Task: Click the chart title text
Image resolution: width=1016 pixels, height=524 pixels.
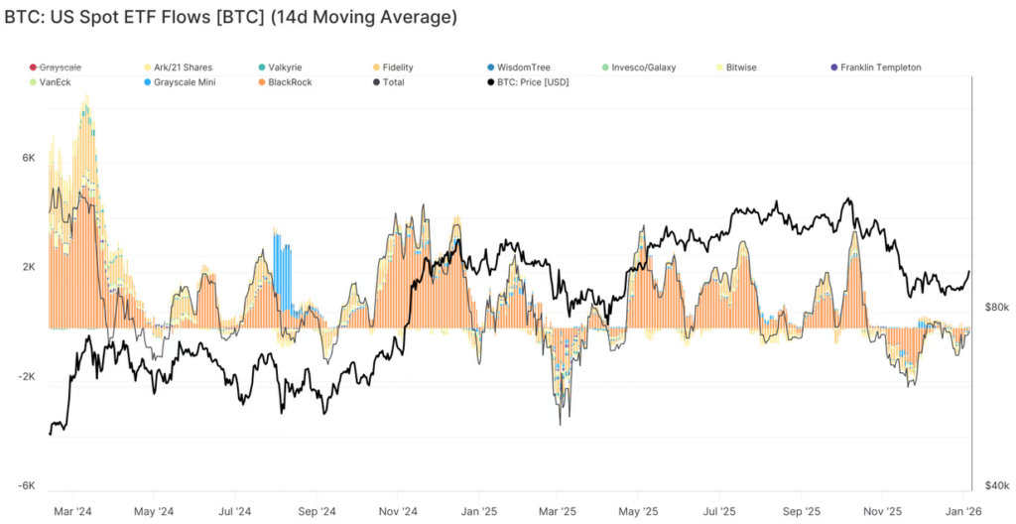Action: (x=230, y=18)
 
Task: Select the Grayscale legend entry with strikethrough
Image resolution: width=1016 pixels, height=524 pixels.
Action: (x=61, y=67)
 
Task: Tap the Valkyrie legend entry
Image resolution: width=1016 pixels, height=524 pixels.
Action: (x=289, y=67)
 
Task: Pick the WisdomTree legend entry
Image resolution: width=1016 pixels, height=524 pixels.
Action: (x=520, y=67)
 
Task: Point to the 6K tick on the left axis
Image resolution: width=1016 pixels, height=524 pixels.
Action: (x=29, y=158)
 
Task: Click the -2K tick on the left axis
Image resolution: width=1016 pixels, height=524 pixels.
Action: (x=27, y=377)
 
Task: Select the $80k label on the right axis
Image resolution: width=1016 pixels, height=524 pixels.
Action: (x=997, y=308)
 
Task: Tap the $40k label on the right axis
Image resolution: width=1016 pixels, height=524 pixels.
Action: (x=997, y=484)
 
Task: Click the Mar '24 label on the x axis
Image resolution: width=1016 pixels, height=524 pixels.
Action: (x=72, y=511)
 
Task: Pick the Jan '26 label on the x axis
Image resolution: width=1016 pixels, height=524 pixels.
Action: (x=959, y=511)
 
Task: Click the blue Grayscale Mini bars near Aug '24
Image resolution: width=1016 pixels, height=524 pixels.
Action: (x=284, y=268)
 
